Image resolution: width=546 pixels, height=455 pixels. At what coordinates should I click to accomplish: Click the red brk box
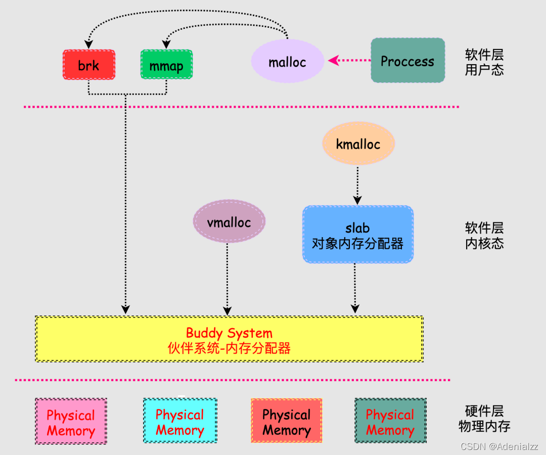(89, 65)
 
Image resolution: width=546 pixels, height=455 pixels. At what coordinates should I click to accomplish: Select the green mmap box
(166, 65)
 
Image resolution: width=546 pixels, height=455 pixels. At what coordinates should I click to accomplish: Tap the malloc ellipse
(287, 62)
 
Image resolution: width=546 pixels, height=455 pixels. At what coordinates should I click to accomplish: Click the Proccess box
(407, 61)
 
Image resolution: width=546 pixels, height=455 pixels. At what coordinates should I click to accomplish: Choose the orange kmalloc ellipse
(358, 144)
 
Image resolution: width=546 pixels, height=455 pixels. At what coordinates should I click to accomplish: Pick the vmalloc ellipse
(229, 221)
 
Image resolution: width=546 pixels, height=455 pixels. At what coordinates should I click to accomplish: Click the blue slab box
(358, 235)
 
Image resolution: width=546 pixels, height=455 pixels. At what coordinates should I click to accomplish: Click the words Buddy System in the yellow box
(229, 333)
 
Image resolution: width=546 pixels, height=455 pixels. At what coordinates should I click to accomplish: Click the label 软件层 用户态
(484, 62)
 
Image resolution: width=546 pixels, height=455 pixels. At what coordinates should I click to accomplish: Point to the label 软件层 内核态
(484, 235)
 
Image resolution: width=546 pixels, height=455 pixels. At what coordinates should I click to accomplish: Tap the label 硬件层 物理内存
(484, 418)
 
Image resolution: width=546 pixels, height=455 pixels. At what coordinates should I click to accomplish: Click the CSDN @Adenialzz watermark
(499, 446)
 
